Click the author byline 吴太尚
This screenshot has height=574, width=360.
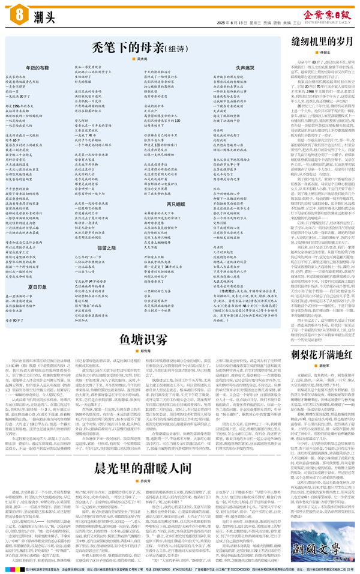click(x=143, y=59)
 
